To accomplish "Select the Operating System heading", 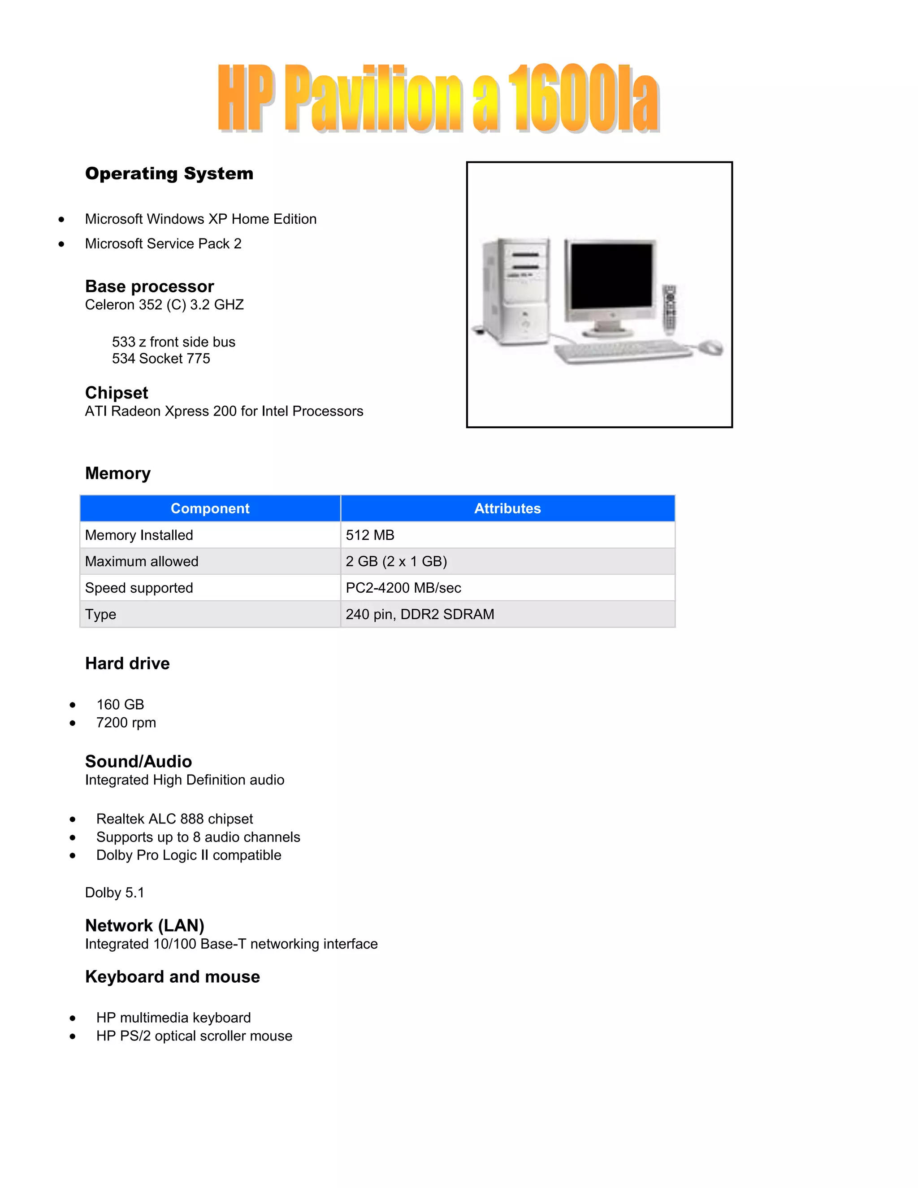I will click(169, 173).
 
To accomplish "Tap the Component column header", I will click(210, 509).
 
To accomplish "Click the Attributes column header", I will click(507, 509).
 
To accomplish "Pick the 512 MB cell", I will click(370, 535).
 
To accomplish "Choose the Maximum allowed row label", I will click(141, 561).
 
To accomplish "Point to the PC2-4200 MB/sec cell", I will click(403, 588).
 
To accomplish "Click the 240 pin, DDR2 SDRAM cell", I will click(420, 614).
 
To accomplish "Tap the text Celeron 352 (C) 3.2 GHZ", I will click(164, 304).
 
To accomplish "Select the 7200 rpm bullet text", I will click(126, 723).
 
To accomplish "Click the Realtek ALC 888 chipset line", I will click(174, 819).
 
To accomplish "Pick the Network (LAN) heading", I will click(145, 925).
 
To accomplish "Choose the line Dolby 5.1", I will click(114, 893).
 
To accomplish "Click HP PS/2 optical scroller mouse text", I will click(194, 1036).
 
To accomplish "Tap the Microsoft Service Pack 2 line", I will click(163, 244).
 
